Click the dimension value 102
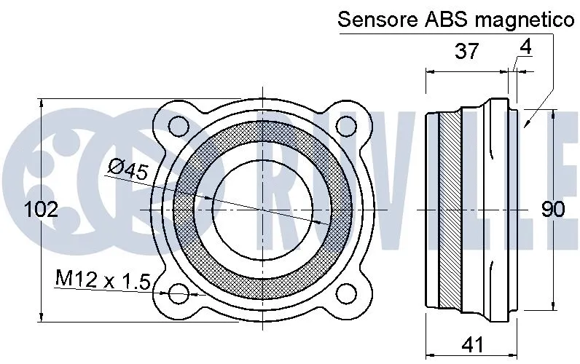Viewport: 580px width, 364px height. pyautogui.click(x=42, y=210)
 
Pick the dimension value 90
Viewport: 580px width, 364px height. pyautogui.click(x=553, y=210)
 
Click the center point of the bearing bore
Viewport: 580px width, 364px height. pyautogui.click(x=262, y=210)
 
